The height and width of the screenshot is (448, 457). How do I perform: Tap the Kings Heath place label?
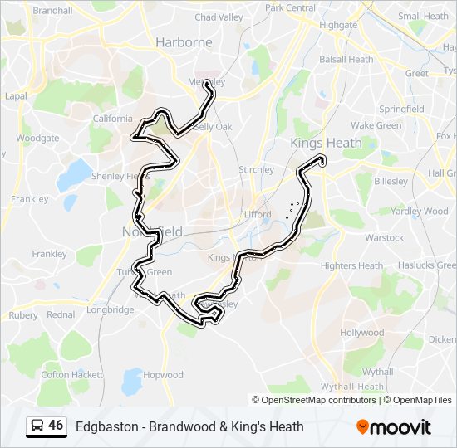[x=326, y=143]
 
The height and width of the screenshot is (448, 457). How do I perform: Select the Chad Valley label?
[x=219, y=17]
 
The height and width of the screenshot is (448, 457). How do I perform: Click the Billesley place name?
[x=391, y=180]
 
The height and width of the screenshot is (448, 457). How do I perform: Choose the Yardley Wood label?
[x=419, y=212]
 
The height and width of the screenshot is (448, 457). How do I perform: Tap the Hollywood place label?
[x=361, y=333]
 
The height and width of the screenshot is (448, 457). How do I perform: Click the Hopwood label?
[x=163, y=375]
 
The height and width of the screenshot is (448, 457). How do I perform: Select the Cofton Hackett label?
[x=67, y=375]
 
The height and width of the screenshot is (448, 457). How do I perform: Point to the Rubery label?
[x=22, y=315]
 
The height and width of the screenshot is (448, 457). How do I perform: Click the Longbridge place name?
[x=110, y=310]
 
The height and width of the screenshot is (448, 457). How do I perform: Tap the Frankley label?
[x=29, y=199]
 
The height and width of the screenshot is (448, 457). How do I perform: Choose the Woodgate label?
[x=37, y=139]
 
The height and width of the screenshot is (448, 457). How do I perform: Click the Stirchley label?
[x=256, y=170]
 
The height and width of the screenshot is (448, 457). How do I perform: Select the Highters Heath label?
[x=351, y=266]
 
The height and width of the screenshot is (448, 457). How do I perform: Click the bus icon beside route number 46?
[x=37, y=426]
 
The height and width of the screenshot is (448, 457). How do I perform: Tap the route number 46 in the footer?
[x=56, y=426]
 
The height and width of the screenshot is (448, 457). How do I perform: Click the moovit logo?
[x=394, y=427]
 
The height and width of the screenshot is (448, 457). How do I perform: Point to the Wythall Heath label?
[x=354, y=387]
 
